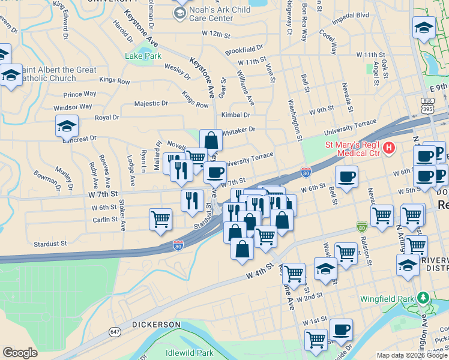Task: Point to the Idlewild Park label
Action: pyautogui.click(x=190, y=353)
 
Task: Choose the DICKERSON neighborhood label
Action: pyautogui.click(x=156, y=325)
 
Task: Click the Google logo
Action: pyautogui.click(x=20, y=352)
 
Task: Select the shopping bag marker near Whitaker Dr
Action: pyautogui.click(x=211, y=140)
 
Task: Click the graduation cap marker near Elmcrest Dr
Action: pyautogui.click(x=67, y=125)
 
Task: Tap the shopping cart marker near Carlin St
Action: pyautogui.click(x=160, y=219)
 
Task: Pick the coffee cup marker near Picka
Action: pyautogui.click(x=341, y=329)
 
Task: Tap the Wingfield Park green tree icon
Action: pyautogui.click(x=423, y=297)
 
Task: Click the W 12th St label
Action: pyautogui.click(x=217, y=34)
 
